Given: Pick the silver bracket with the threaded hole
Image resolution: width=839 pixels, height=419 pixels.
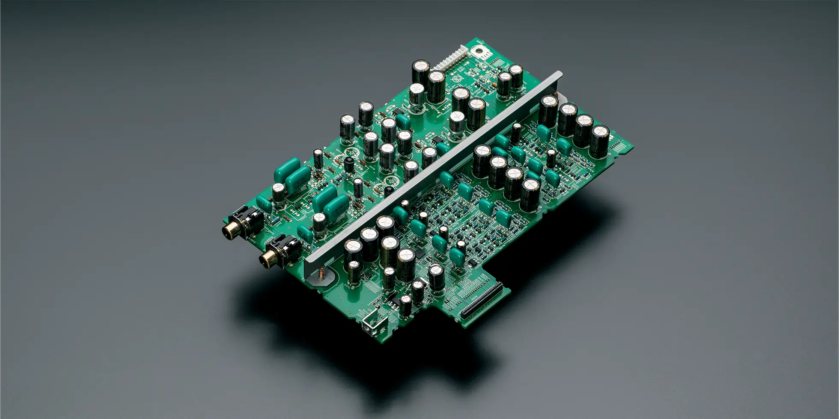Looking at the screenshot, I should point(371,327).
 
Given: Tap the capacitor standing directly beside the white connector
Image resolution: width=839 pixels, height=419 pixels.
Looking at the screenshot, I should point(421,71).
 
